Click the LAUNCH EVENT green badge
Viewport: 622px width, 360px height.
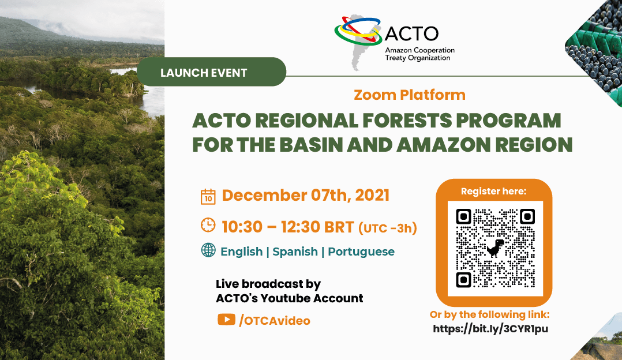point(211,72)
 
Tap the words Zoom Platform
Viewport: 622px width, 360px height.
point(410,95)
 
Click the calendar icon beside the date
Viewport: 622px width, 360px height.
point(208,197)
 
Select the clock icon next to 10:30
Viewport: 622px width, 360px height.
point(208,225)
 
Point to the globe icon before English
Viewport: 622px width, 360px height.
point(208,250)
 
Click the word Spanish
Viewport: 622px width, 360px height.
point(295,252)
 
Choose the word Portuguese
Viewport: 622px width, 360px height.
point(361,252)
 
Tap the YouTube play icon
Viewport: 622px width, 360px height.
point(227,319)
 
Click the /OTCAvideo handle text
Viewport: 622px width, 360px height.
point(275,320)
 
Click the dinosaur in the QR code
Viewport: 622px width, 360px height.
point(495,249)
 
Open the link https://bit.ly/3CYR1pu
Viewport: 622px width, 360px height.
point(490,329)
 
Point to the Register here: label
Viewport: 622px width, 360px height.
point(493,191)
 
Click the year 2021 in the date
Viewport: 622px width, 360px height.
point(372,196)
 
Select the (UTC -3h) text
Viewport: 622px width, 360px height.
point(388,228)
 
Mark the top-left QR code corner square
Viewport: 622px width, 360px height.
point(463,216)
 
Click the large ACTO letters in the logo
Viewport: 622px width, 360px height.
point(411,33)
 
